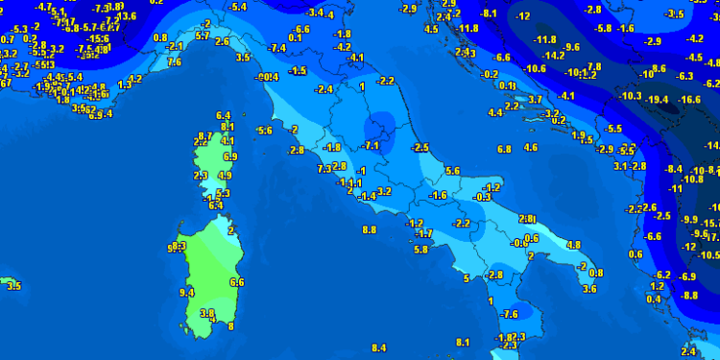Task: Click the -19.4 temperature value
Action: pyautogui.click(x=658, y=100)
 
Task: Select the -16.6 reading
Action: pyautogui.click(x=689, y=100)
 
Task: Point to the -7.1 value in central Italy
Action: pyautogui.click(x=373, y=145)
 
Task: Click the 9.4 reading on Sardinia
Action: pyautogui.click(x=186, y=293)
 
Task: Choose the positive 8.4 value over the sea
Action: pyautogui.click(x=378, y=348)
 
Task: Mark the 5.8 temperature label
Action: pyautogui.click(x=420, y=250)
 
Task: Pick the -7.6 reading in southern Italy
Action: pyautogui.click(x=509, y=314)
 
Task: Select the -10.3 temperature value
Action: pyautogui.click(x=630, y=96)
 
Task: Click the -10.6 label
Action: pyautogui.click(x=535, y=69)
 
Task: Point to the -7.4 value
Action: pyautogui.click(x=278, y=48)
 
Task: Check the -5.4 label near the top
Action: pyautogui.click(x=238, y=7)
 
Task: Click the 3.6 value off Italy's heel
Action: pyautogui.click(x=590, y=288)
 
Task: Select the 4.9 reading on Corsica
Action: pyautogui.click(x=226, y=176)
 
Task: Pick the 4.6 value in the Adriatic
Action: pyautogui.click(x=531, y=147)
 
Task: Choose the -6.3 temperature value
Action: pyautogui.click(x=685, y=75)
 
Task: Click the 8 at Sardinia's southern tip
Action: pyautogui.click(x=230, y=326)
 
